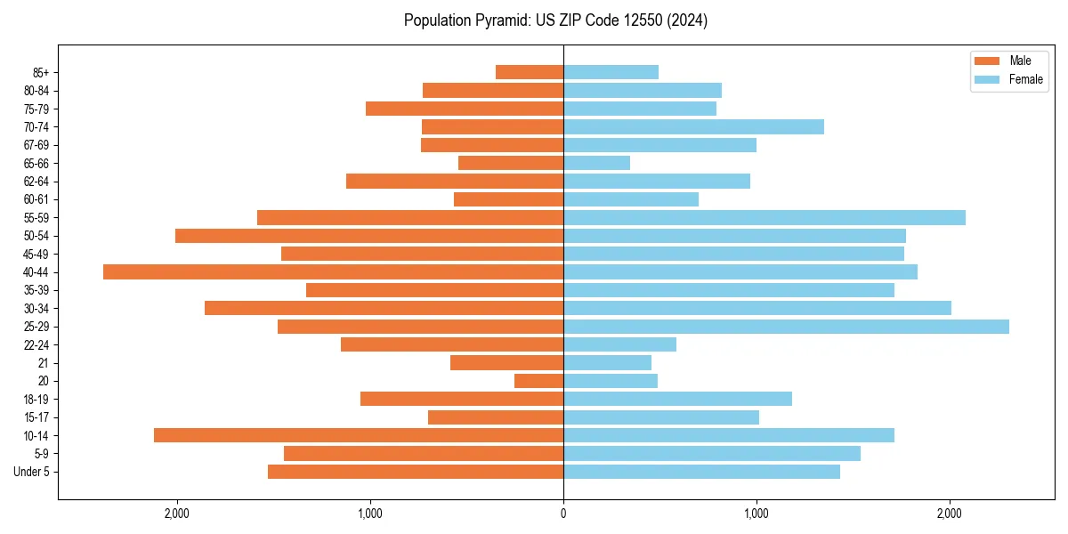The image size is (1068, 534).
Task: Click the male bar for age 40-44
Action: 333,271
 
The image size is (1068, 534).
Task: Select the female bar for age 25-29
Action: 786,327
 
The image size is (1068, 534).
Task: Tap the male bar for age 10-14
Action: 359,435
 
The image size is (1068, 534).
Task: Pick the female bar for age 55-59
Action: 765,217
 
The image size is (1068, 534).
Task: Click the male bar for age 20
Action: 538,381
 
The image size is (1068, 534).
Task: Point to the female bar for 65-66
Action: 596,163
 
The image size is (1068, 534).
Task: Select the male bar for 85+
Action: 530,72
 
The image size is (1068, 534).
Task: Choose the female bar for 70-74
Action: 693,126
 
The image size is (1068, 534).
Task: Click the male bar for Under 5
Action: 416,472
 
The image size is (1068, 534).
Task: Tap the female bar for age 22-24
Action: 619,344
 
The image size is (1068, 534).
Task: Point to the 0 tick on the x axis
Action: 563,513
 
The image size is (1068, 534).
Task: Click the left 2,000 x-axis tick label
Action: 177,513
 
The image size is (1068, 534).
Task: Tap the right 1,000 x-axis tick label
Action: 756,513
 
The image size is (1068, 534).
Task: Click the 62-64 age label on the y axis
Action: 36,182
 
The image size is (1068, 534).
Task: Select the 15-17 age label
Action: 36,417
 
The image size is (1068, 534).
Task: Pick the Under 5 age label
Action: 32,472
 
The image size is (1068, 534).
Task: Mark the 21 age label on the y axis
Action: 44,363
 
